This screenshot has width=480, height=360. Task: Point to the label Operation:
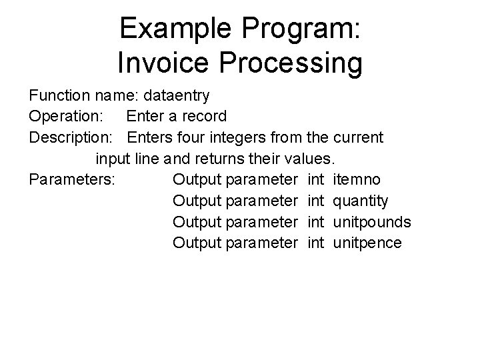(x=65, y=116)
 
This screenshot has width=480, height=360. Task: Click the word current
(x=356, y=137)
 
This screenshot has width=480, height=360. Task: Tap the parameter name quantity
(x=360, y=201)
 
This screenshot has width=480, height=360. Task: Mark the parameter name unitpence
(x=367, y=243)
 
